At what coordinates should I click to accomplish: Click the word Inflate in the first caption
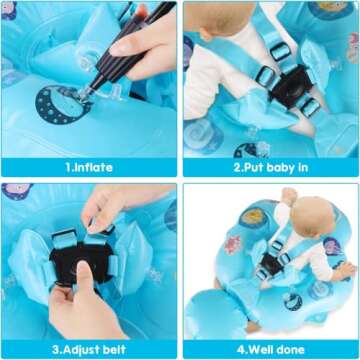point(96,168)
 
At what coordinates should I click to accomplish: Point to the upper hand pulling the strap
point(110,205)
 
